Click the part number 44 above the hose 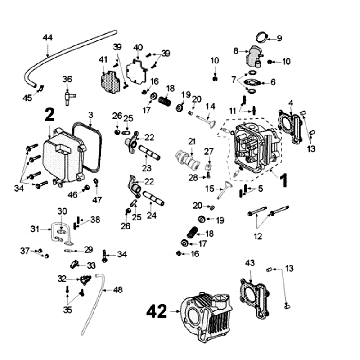pyautogui.click(x=47, y=37)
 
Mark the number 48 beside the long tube pyautogui.click(x=117, y=291)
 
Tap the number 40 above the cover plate pyautogui.click(x=137, y=46)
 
